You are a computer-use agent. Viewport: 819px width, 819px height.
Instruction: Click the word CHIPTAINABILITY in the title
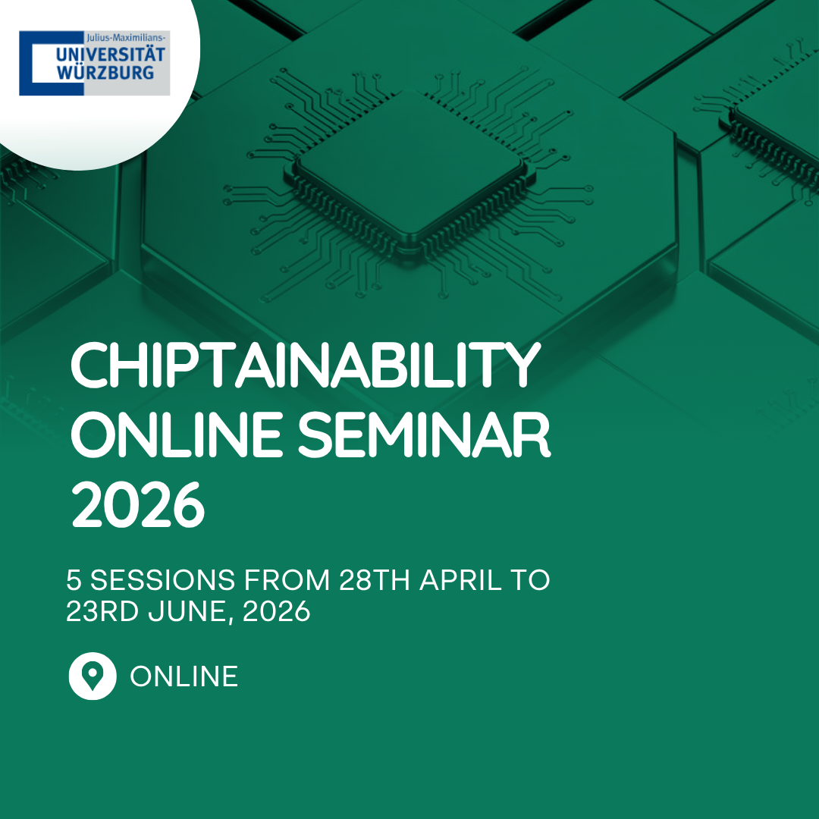click(x=306, y=365)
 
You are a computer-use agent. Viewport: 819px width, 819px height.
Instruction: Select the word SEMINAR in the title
click(x=424, y=435)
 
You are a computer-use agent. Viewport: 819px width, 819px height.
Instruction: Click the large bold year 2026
click(x=137, y=504)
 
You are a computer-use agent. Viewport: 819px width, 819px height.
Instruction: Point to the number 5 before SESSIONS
click(x=74, y=580)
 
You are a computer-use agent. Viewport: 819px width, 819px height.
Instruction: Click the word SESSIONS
click(x=162, y=580)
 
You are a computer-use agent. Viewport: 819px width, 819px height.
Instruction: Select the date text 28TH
click(x=375, y=580)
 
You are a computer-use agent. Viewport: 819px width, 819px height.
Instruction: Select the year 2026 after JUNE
click(x=277, y=610)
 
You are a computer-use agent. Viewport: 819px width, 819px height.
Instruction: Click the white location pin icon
click(x=93, y=676)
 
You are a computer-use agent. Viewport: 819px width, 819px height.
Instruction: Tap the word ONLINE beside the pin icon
click(x=184, y=676)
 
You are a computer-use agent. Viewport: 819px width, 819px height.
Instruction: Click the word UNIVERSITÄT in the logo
click(x=110, y=55)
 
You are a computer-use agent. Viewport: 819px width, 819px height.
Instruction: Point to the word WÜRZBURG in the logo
click(x=105, y=73)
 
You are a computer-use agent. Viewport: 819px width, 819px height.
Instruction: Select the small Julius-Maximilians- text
click(x=126, y=38)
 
